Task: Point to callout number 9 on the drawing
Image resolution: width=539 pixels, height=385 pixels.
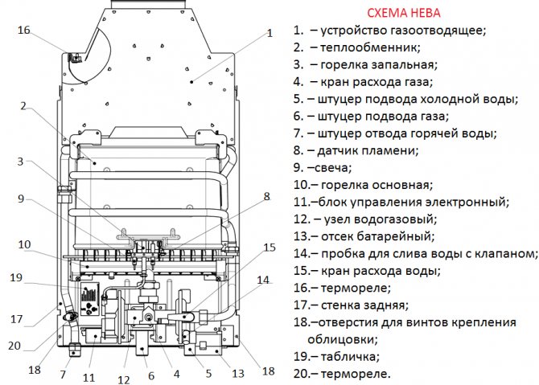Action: click(x=21, y=199)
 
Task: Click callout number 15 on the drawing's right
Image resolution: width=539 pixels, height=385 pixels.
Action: click(x=269, y=247)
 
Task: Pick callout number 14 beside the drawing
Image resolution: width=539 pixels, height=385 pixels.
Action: click(x=263, y=281)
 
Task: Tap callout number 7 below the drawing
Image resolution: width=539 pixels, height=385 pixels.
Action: click(x=64, y=375)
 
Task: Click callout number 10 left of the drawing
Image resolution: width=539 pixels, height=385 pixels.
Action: click(x=23, y=244)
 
